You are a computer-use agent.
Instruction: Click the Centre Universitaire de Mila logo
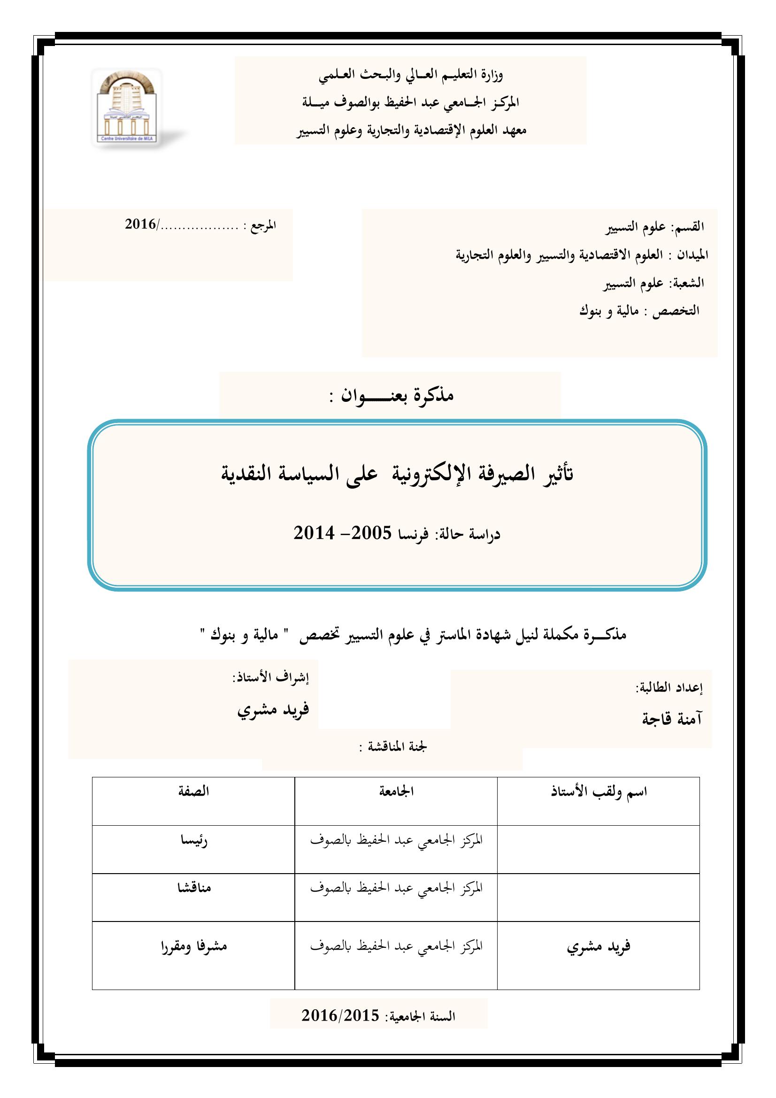(x=128, y=108)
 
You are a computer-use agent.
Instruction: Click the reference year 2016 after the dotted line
(x=140, y=224)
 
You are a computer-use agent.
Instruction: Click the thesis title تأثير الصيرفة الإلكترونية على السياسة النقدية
(x=396, y=473)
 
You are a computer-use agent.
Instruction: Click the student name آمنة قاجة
(x=671, y=719)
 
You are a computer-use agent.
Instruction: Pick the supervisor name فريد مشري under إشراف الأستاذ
(x=273, y=709)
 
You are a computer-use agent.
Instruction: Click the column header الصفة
(x=193, y=791)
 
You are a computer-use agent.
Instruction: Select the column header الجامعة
(x=396, y=791)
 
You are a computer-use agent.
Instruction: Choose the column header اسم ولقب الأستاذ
(x=599, y=791)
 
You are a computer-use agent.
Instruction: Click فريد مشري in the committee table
(x=599, y=945)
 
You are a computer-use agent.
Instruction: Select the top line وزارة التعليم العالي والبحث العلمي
(x=411, y=75)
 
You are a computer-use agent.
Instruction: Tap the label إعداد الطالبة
(x=668, y=688)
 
